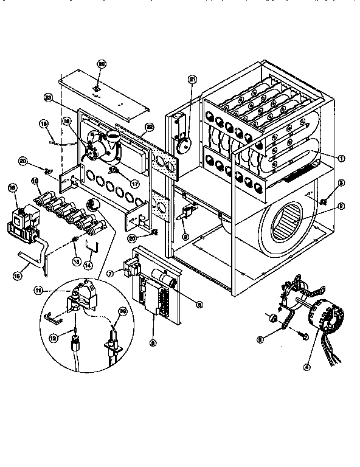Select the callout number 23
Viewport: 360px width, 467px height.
tap(49, 97)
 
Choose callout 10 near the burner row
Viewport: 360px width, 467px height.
tap(35, 181)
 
